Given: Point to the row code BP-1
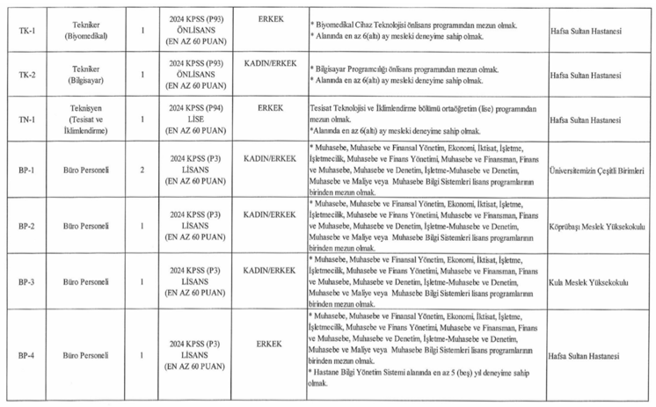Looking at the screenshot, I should pyautogui.click(x=27, y=170).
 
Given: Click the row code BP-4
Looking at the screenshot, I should pyautogui.click(x=27, y=356).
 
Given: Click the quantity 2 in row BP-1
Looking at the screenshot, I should pyautogui.click(x=142, y=170).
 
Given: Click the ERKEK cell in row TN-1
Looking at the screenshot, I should pyautogui.click(x=270, y=108).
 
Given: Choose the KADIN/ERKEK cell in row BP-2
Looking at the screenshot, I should pyautogui.click(x=270, y=214).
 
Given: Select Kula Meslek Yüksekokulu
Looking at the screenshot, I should pyautogui.click(x=589, y=283).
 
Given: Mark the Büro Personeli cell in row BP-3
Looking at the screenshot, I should pyautogui.click(x=86, y=283).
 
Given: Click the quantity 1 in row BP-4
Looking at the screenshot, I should pyautogui.click(x=142, y=356).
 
